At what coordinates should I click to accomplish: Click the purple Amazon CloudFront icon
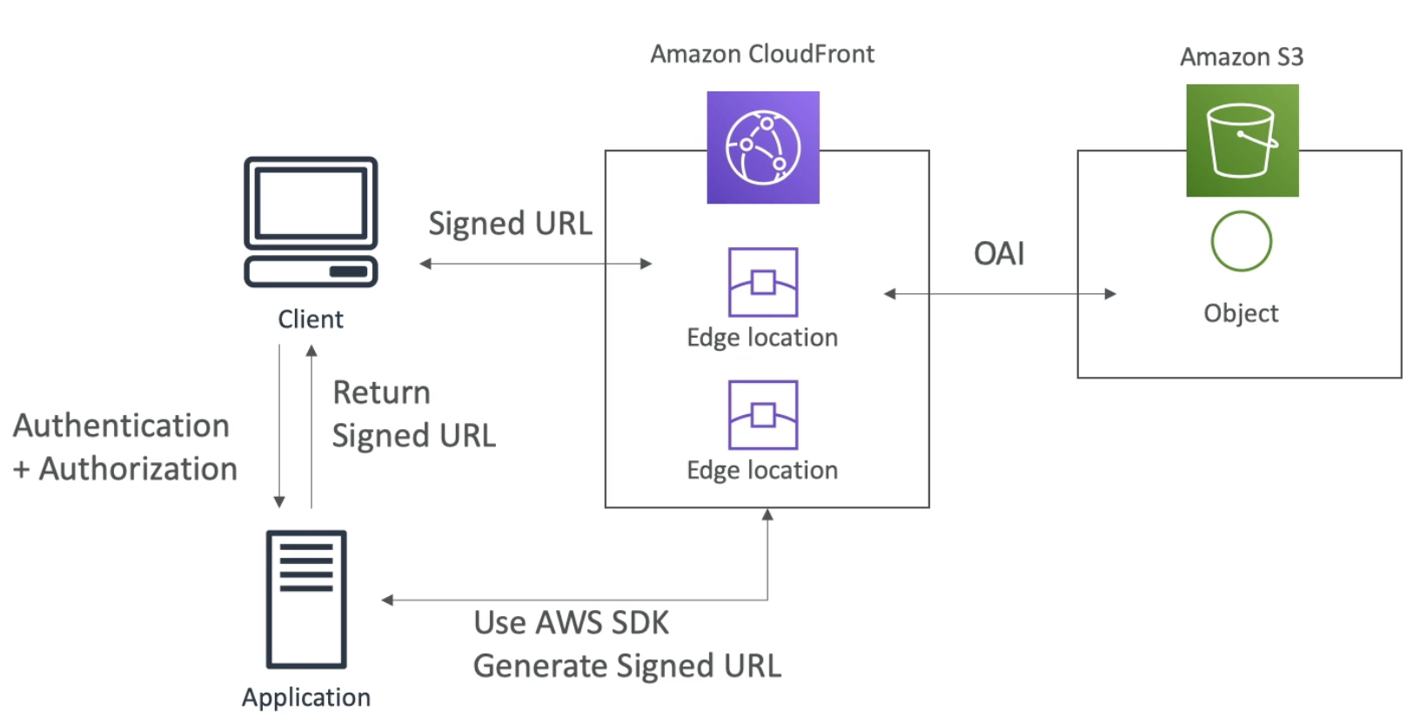762,147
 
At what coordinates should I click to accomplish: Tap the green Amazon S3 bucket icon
1242,140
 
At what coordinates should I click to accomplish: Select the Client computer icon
311,221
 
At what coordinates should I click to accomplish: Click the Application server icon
306,599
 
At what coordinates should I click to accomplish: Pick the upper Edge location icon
762,282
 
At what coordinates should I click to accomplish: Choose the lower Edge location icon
762,414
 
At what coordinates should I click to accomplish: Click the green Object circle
1241,241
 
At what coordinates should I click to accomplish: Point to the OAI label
999,253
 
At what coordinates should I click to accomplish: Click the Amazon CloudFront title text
762,54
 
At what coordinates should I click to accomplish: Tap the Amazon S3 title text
1242,57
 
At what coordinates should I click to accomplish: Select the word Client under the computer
311,319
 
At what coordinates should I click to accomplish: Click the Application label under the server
306,697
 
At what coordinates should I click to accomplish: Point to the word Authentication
122,426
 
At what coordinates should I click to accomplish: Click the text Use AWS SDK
572,623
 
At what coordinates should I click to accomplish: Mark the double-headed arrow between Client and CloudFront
535,264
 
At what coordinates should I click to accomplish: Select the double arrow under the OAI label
1000,294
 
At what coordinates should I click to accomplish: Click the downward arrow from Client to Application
279,426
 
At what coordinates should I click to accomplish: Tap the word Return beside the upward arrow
382,392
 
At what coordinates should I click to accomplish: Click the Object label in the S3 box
1241,313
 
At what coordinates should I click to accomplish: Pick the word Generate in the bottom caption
540,667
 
